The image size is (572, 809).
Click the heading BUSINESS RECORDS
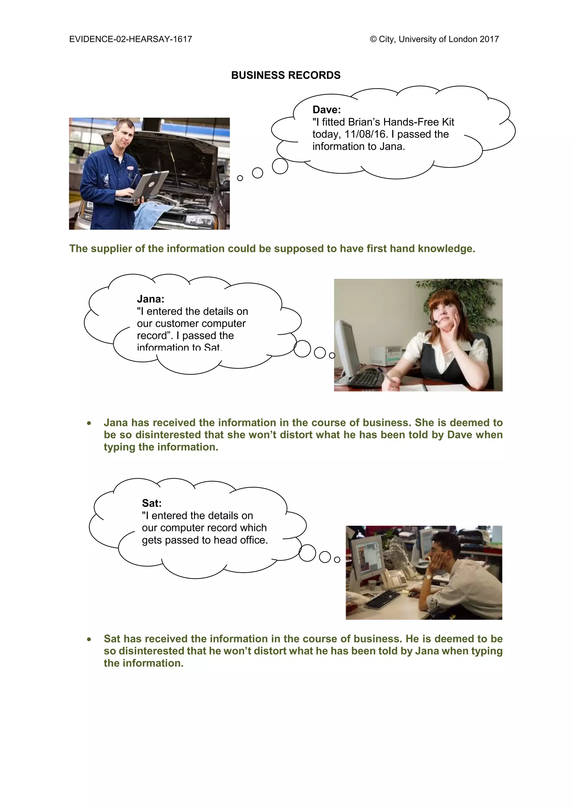click(286, 75)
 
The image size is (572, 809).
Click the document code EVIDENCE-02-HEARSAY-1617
click(130, 39)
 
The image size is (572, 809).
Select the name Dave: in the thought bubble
click(326, 110)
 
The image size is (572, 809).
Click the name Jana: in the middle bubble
click(150, 299)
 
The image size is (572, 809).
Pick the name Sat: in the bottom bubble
click(151, 503)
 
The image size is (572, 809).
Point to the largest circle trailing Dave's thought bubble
click(280, 166)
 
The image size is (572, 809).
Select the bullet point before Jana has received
click(89, 423)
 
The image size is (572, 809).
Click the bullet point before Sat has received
click(89, 639)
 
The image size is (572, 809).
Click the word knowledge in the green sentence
click(446, 249)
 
